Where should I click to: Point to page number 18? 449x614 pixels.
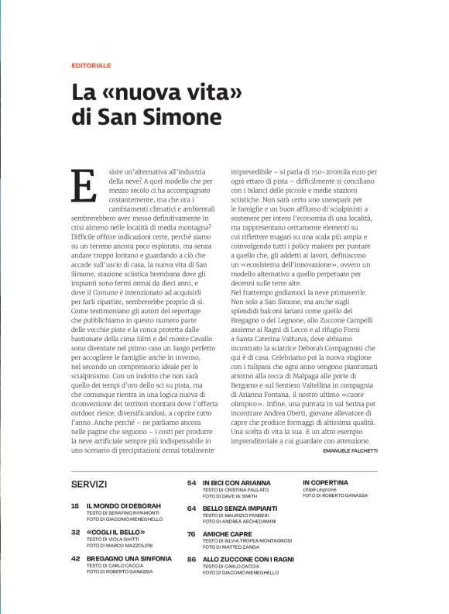(x=75, y=505)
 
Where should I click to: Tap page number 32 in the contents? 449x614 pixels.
(x=75, y=533)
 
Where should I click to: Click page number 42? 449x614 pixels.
(x=75, y=558)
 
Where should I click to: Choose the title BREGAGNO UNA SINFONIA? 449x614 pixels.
(x=129, y=558)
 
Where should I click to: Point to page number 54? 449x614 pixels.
(x=191, y=482)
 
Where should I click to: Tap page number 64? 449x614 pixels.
(x=191, y=508)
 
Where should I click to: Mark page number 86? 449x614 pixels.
(x=191, y=559)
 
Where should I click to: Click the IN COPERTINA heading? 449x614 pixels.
(x=325, y=482)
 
